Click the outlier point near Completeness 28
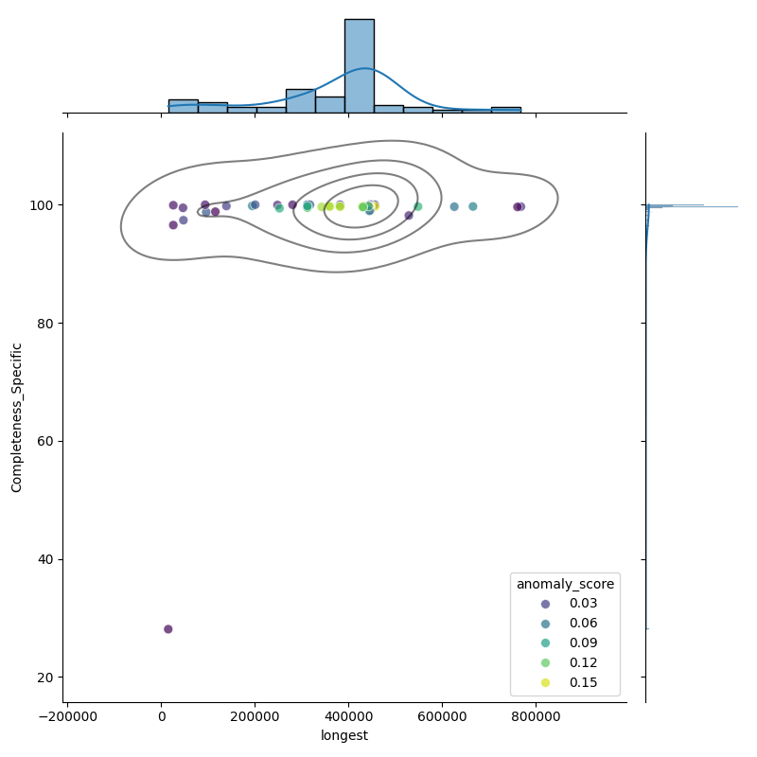point(168,629)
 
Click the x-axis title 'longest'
point(344,735)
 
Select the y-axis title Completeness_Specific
point(16,417)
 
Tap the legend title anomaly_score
point(565,584)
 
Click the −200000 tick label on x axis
point(67,715)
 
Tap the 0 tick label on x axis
point(161,715)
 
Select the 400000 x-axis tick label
point(349,715)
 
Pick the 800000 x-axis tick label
point(537,715)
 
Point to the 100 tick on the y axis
point(45,205)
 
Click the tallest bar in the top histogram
point(359,66)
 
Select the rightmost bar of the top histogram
point(505,110)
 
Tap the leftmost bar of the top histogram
point(183,106)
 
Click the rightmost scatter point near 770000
point(520,206)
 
